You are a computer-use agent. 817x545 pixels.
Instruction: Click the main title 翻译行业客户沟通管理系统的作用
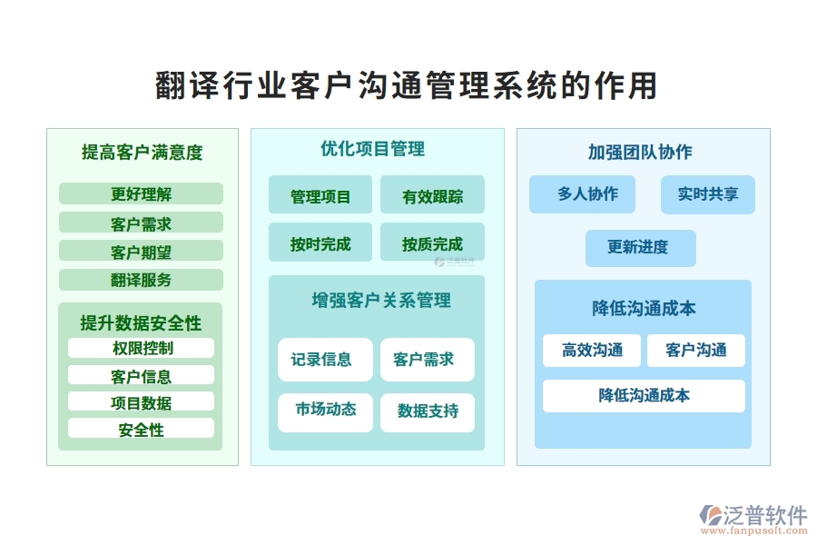408,86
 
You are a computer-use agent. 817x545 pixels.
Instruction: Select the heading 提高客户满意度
143,153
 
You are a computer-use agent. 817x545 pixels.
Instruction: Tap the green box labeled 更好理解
141,193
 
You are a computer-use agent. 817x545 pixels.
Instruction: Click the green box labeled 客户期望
141,252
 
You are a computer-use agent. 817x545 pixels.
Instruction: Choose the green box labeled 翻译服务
141,280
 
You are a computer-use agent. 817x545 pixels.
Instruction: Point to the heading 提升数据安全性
141,323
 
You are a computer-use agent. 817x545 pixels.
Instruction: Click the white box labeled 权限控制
141,348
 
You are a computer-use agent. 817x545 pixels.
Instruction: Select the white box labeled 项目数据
141,401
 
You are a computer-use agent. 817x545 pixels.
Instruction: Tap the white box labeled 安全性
141,429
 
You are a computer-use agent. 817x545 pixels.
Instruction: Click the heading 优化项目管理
372,149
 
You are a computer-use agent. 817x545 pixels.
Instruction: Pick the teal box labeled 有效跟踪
432,195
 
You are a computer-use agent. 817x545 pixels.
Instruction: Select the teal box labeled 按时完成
320,243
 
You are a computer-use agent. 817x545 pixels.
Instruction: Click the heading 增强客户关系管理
381,300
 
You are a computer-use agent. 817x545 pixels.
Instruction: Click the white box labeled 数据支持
428,411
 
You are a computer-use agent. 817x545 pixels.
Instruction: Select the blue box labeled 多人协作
582,194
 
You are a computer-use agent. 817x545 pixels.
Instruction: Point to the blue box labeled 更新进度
640,248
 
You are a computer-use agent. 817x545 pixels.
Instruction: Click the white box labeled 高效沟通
592,351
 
